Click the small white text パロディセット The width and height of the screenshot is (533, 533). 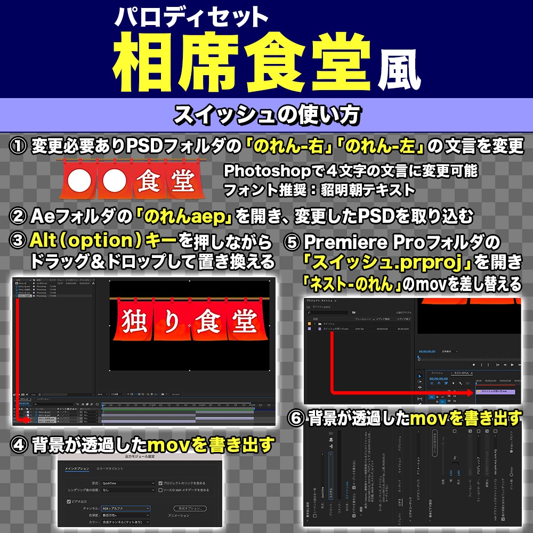click(x=191, y=17)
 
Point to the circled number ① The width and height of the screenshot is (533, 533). click(x=18, y=146)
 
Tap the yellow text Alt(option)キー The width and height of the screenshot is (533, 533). click(x=103, y=241)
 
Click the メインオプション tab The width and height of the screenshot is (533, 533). click(x=77, y=469)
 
